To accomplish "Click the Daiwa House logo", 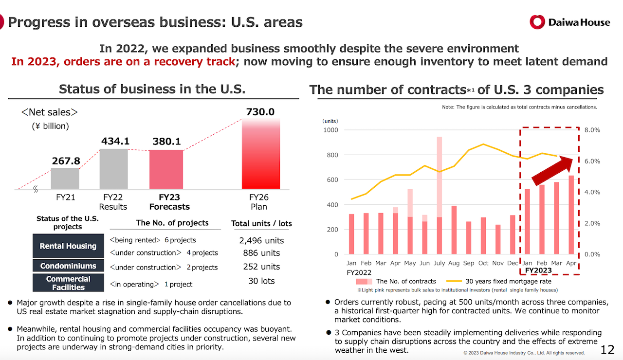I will (569, 22).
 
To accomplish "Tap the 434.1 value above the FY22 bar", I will (115, 141).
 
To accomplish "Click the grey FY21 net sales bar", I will (65, 179).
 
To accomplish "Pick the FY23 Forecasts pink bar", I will (166, 169).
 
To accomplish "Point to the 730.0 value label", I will (261, 112).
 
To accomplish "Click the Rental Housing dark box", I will (68, 246).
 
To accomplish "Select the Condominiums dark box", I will (68, 266).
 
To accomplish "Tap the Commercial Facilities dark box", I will (68, 283).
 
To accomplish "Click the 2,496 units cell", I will (261, 240).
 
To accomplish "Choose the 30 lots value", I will (261, 281).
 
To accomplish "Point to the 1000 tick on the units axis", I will (330, 130).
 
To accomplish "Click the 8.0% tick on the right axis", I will (592, 130).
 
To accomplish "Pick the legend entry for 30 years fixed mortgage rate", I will (501, 281).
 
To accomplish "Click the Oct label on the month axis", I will (483, 263).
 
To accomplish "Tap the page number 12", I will (608, 349).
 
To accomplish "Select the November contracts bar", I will (498, 239).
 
